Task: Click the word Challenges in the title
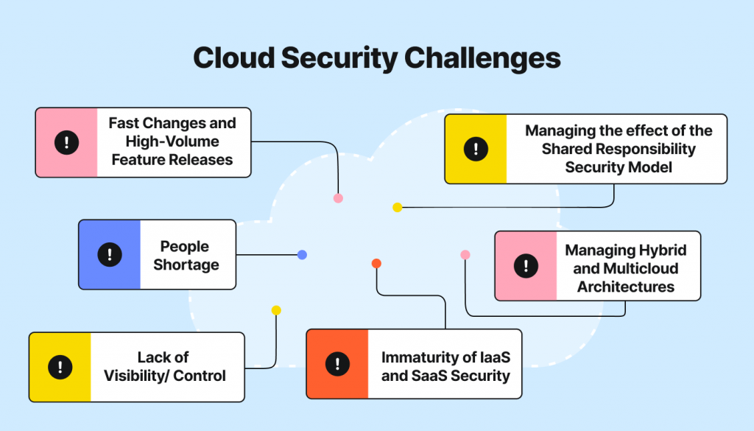pyautogui.click(x=482, y=59)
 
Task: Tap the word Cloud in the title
pyautogui.click(x=233, y=57)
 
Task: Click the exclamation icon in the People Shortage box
pyautogui.click(x=110, y=254)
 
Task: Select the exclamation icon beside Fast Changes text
pyautogui.click(x=67, y=142)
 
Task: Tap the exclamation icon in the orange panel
pyautogui.click(x=337, y=364)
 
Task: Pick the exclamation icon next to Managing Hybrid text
pyautogui.click(x=526, y=265)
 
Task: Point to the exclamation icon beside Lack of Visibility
pyautogui.click(x=60, y=367)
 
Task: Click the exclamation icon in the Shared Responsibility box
pyautogui.click(x=476, y=149)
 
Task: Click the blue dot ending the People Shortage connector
pyautogui.click(x=302, y=255)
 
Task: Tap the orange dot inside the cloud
pyautogui.click(x=376, y=263)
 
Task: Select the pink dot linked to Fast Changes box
pyautogui.click(x=339, y=198)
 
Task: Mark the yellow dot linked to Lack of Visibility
pyautogui.click(x=276, y=310)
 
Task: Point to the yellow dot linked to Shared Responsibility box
pyautogui.click(x=397, y=207)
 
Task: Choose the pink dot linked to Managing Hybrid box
pyautogui.click(x=465, y=255)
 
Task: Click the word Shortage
pyautogui.click(x=186, y=265)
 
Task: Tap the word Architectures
pyautogui.click(x=626, y=287)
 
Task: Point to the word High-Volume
pyautogui.click(x=172, y=141)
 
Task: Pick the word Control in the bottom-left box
pyautogui.click(x=199, y=376)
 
